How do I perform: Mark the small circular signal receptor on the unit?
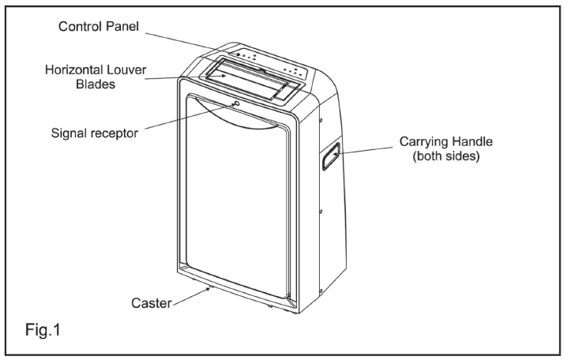pos(235,103)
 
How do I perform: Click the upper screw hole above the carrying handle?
pos(321,121)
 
